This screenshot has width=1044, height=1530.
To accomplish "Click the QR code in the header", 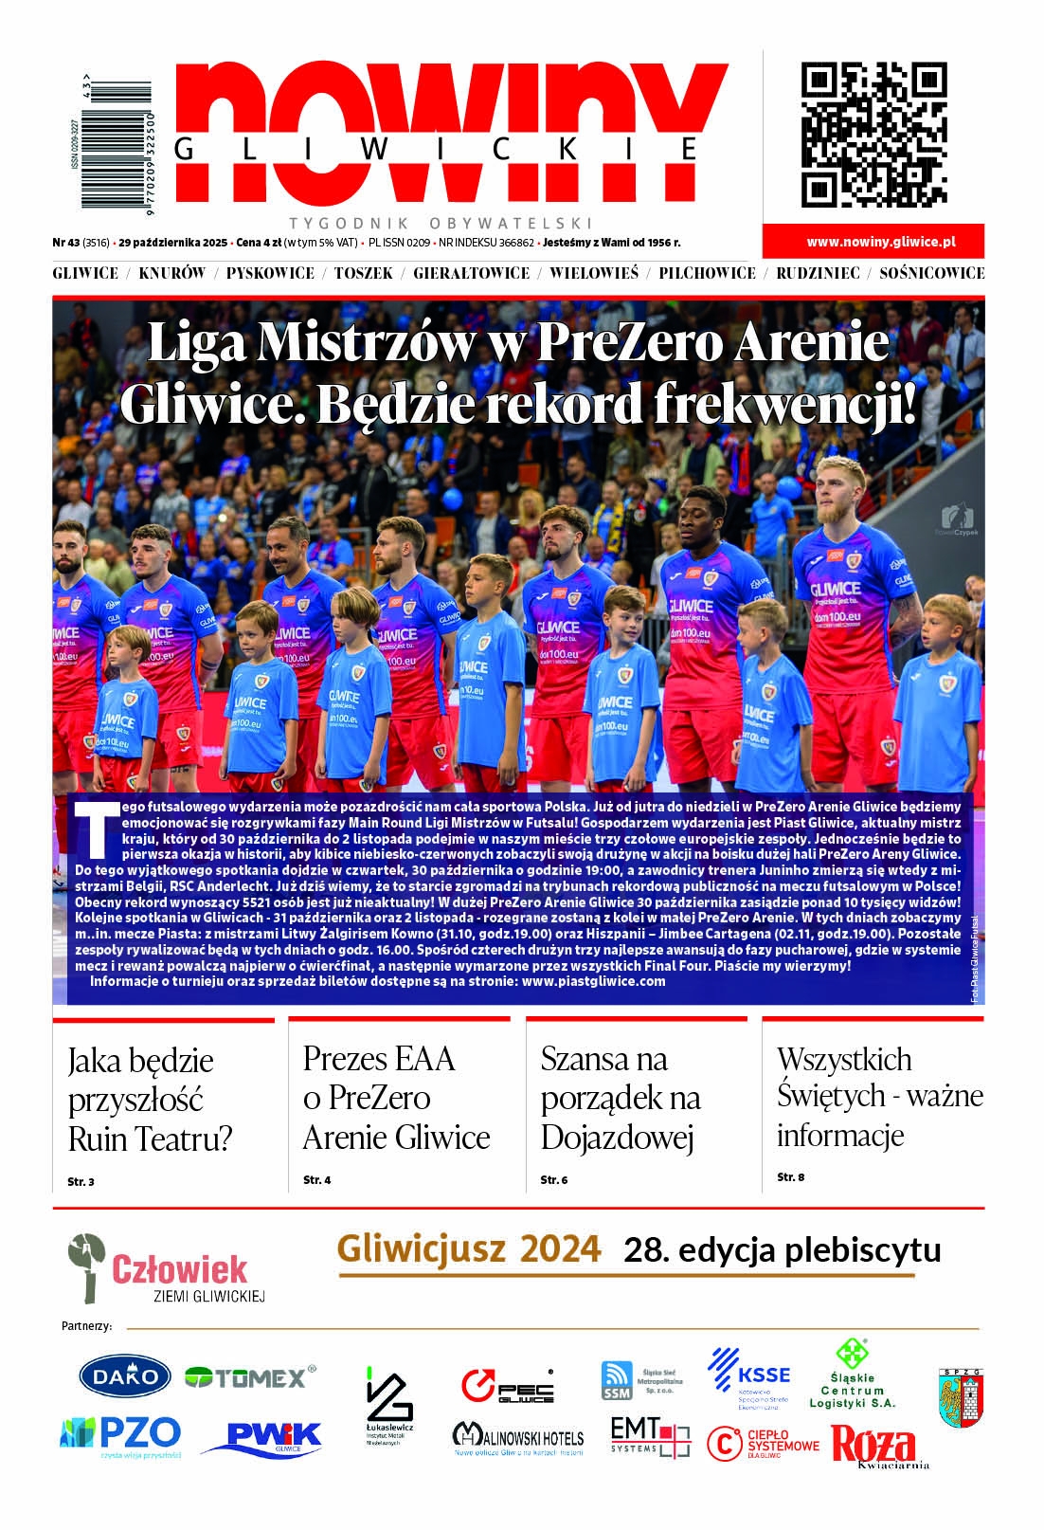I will (x=873, y=135).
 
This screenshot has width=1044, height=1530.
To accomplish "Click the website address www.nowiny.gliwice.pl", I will (x=881, y=242).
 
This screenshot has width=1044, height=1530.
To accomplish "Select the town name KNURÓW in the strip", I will (x=171, y=273).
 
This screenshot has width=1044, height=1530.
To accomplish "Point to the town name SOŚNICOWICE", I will (x=931, y=273).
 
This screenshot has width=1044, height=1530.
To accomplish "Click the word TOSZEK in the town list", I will (x=363, y=273).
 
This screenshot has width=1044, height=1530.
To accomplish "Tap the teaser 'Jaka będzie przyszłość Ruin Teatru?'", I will (x=150, y=1099).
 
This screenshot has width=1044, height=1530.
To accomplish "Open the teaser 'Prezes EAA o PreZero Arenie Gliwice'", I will (x=396, y=1097).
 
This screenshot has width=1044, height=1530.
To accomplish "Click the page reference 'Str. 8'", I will (x=790, y=1176).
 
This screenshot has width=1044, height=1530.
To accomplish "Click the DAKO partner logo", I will (x=124, y=1376).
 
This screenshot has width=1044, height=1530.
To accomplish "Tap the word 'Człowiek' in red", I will (x=179, y=1268).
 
